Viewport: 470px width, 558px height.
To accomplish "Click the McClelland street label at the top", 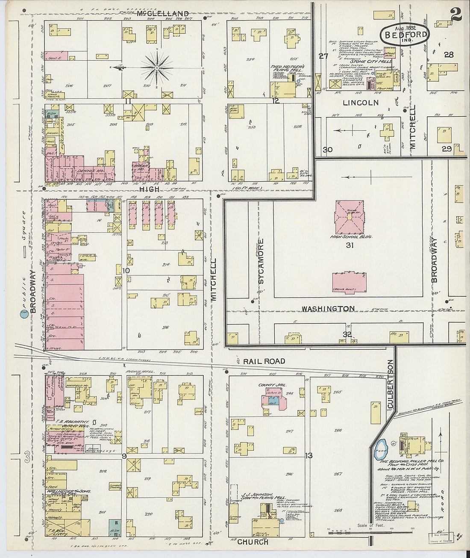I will click(x=163, y=14).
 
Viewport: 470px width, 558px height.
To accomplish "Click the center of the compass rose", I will click(x=157, y=68).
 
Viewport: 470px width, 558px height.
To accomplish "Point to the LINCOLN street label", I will click(x=361, y=103).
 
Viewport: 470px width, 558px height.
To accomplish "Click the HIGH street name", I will click(x=150, y=189).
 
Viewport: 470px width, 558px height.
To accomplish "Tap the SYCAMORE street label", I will click(x=261, y=262).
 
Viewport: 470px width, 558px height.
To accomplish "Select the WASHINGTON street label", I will click(x=328, y=309).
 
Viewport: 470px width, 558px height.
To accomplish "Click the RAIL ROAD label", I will click(x=264, y=361).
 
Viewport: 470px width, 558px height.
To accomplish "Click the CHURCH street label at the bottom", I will click(x=253, y=542).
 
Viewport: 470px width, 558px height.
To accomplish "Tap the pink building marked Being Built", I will click(x=349, y=282).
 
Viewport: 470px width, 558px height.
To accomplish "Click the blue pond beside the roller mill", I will click(x=380, y=449).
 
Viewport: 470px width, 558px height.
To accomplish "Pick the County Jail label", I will click(x=272, y=385).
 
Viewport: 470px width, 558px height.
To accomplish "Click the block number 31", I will click(x=350, y=245).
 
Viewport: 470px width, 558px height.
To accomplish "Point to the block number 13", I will click(x=309, y=455).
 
